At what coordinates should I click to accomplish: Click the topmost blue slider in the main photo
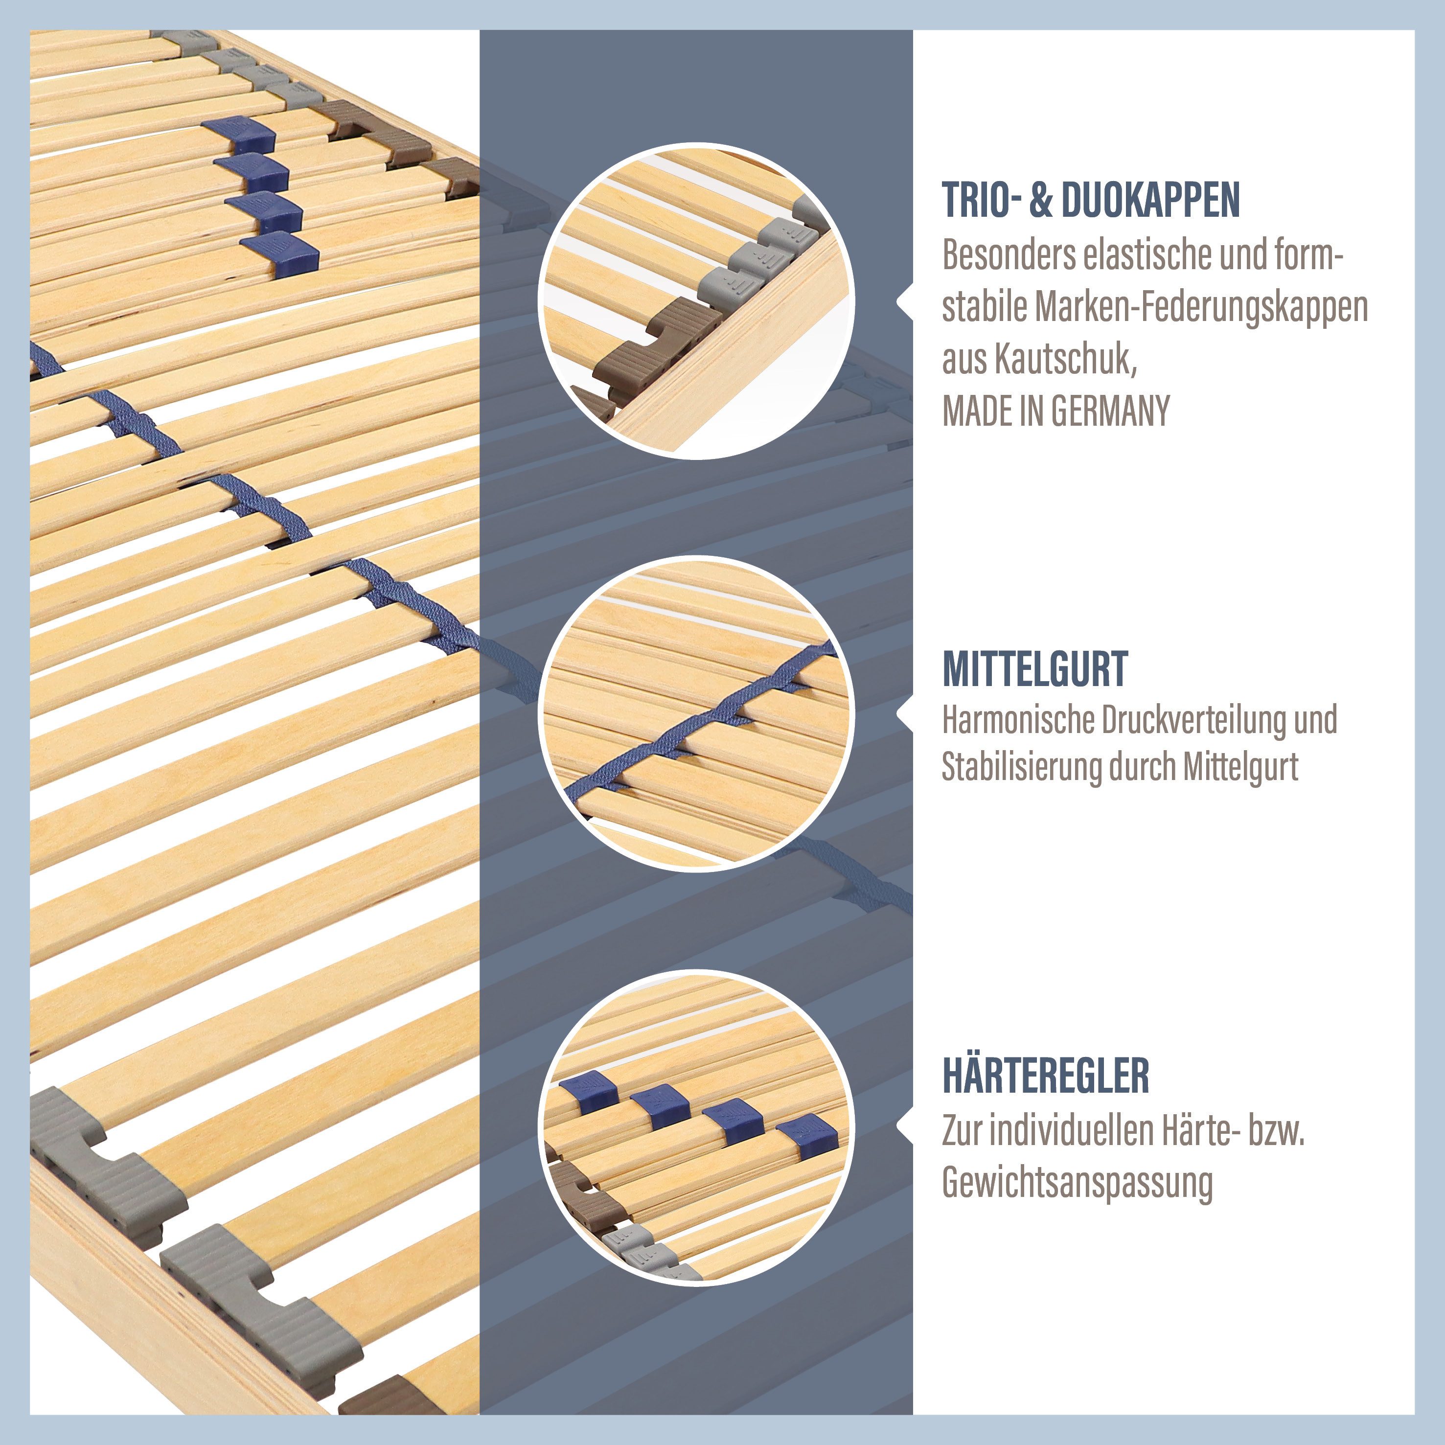239,135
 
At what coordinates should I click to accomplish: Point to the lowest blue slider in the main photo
280,253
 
